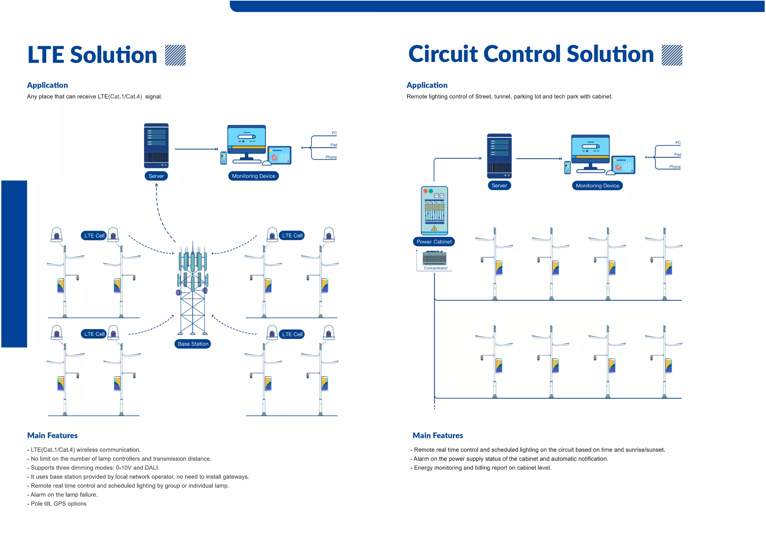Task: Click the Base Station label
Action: (193, 344)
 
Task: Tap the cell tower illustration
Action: (193, 288)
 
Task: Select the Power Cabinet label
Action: (434, 242)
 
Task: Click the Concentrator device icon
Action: (434, 258)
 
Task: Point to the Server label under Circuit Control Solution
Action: (499, 186)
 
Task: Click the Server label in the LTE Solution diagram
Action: (156, 176)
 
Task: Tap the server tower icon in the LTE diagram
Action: (156, 146)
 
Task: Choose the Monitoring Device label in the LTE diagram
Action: (253, 176)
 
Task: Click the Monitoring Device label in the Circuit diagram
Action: (597, 186)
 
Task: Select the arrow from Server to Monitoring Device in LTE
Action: (196, 149)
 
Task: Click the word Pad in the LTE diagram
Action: (334, 145)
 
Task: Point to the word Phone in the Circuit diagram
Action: (675, 167)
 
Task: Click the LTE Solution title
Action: (92, 55)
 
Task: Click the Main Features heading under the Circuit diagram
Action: (438, 435)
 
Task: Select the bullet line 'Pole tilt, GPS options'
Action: (58, 504)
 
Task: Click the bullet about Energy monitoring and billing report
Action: (482, 468)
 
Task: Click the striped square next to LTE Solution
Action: (175, 55)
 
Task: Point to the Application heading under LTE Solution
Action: (48, 85)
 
